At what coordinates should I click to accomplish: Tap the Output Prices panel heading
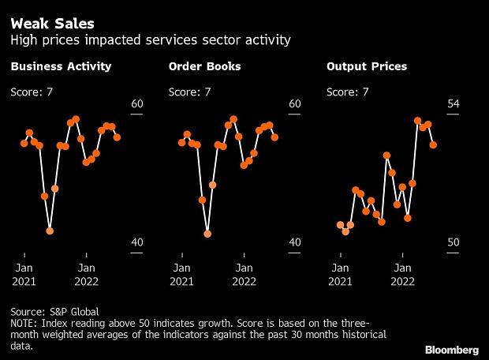point(367,67)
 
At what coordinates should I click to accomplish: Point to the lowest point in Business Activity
point(50,231)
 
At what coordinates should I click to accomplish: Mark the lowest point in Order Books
point(207,234)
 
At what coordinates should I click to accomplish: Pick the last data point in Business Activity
point(117,137)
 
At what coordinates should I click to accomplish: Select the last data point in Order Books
point(274,137)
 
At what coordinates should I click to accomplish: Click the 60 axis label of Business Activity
point(137,104)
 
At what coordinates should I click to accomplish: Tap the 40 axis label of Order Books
point(295,242)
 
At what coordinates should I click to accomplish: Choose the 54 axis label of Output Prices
point(453,104)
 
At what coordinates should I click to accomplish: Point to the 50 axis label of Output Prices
point(453,242)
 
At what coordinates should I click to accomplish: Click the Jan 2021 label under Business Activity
point(24,273)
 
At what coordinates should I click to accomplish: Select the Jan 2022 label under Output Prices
point(402,273)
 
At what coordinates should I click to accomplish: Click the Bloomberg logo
point(452,347)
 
